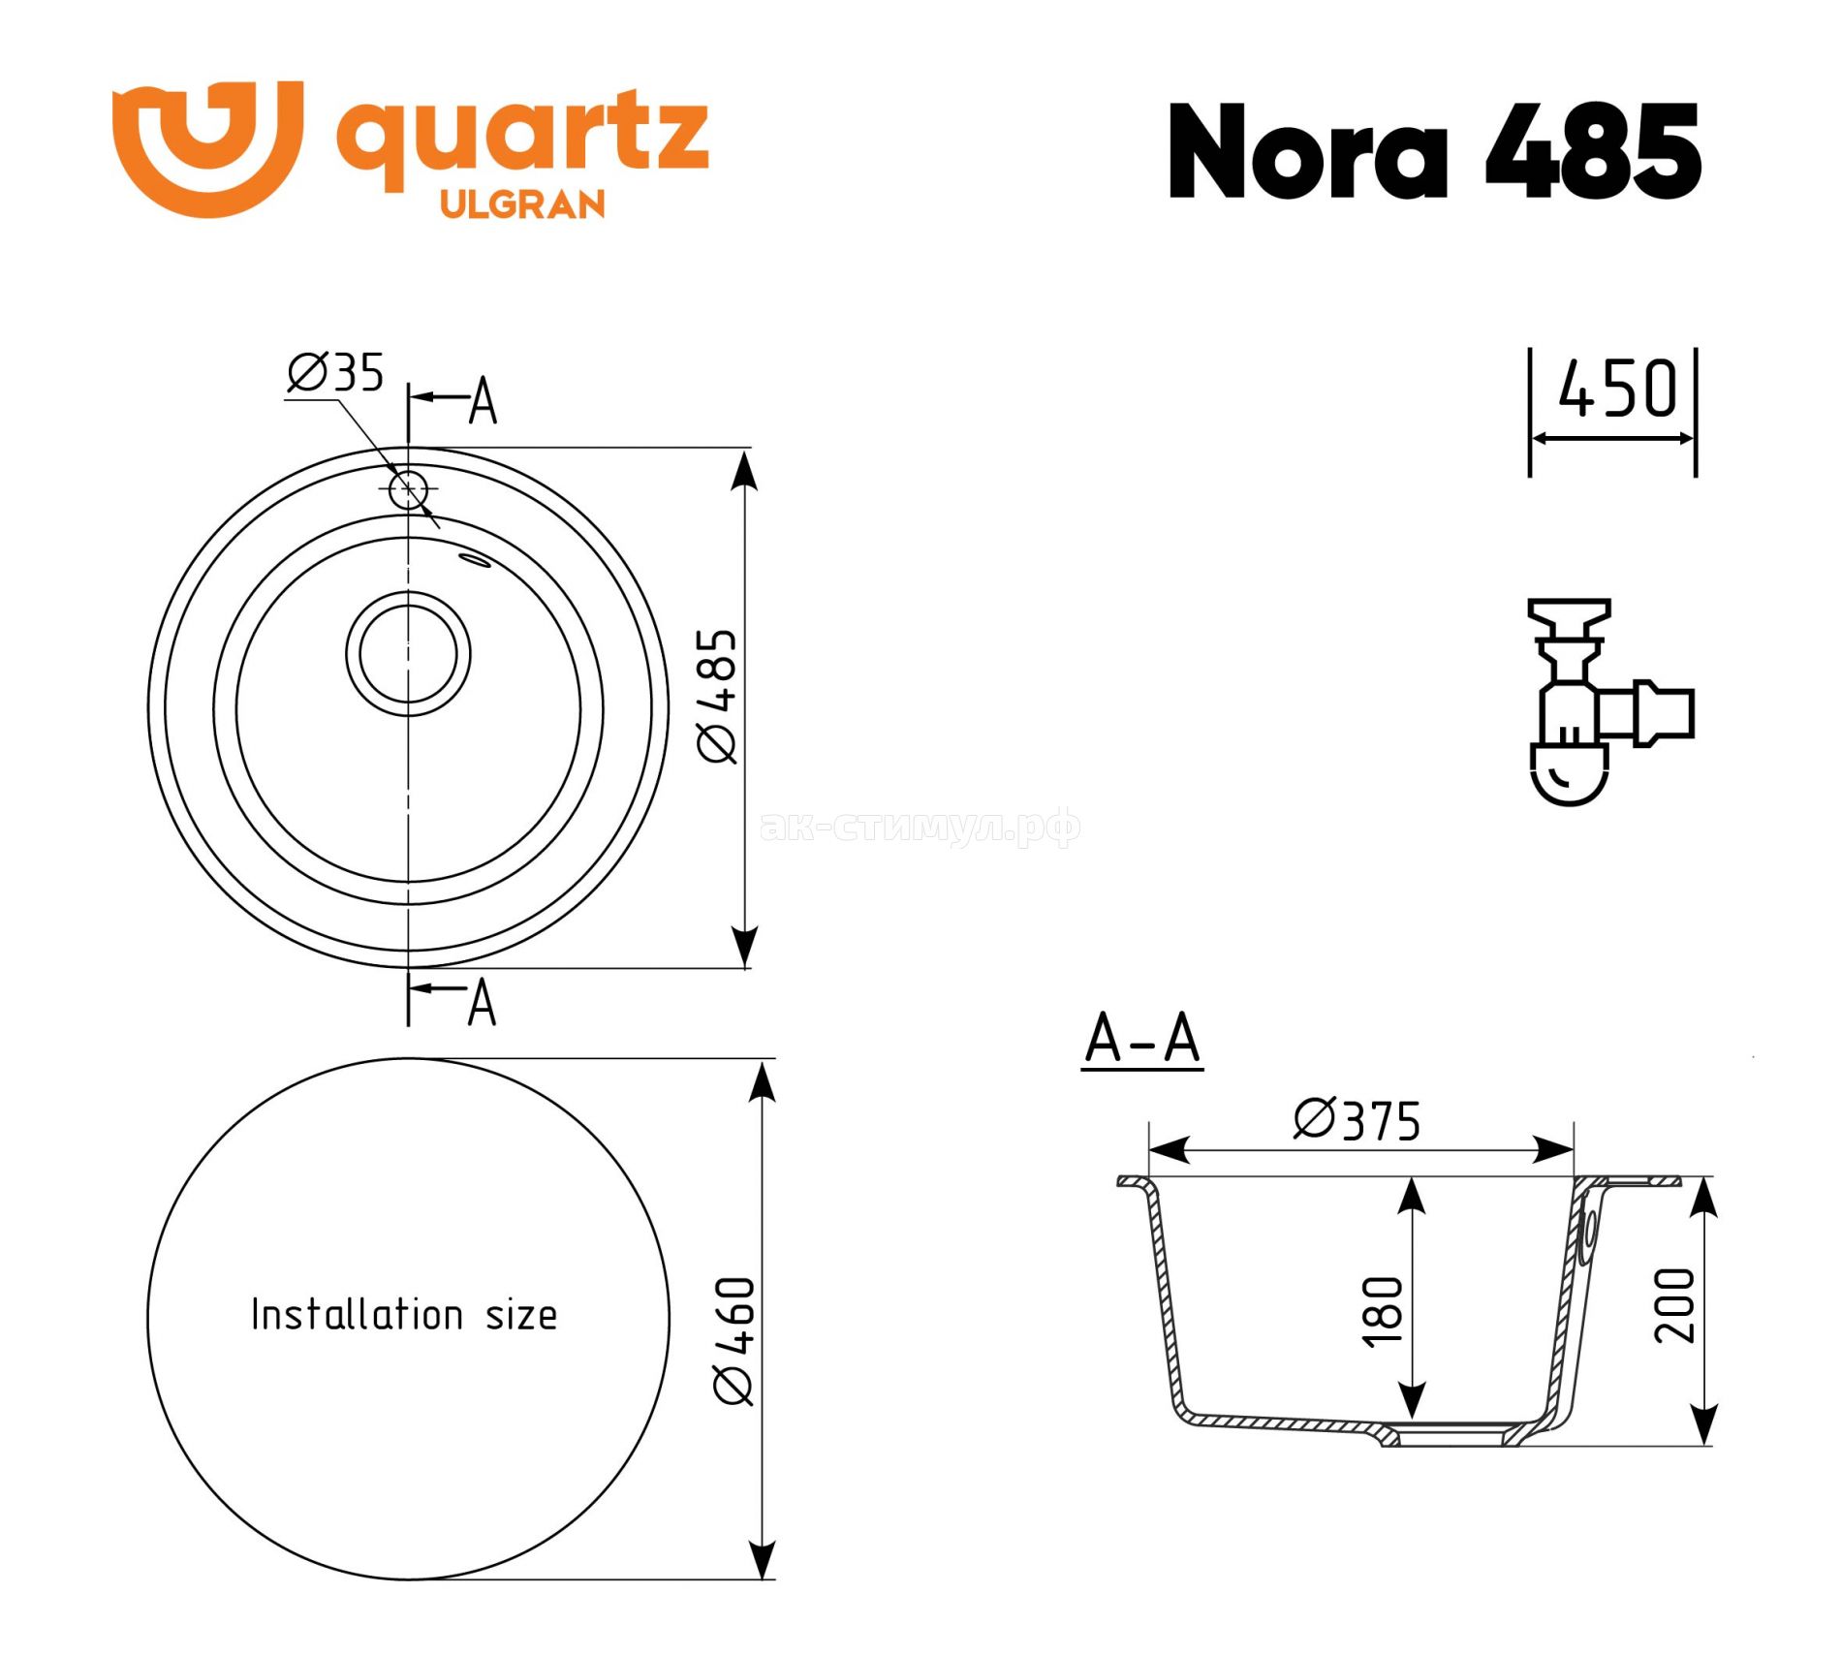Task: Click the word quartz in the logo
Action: (x=522, y=140)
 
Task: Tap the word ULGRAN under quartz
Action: (x=522, y=204)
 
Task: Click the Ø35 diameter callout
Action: (x=335, y=372)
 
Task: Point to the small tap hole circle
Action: (x=408, y=490)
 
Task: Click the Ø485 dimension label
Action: (x=718, y=696)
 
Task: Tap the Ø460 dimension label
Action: (x=733, y=1340)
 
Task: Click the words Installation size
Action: (x=404, y=1315)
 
